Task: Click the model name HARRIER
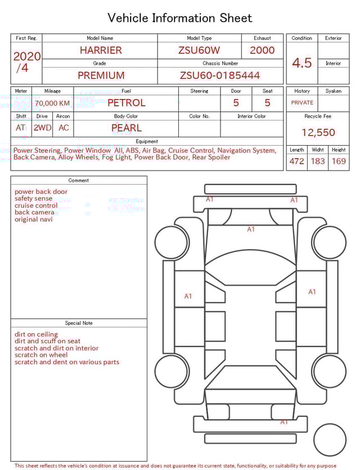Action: coord(100,50)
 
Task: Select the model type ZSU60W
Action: coord(199,50)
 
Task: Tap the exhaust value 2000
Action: coord(262,50)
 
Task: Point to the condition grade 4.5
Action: coord(301,63)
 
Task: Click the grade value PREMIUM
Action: coord(101,75)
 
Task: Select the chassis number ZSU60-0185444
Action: coord(220,75)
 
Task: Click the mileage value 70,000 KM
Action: coord(52,103)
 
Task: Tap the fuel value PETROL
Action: coord(126,102)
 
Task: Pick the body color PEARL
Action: coord(126,128)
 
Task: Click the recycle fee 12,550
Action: coord(318,133)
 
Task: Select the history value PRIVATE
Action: coord(302,103)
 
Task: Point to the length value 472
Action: coord(296,162)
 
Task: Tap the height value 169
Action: coord(339,162)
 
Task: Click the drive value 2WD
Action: coord(42,128)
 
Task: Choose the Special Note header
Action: coord(79,323)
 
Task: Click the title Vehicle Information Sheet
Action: coord(180,18)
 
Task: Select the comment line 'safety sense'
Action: coord(34,199)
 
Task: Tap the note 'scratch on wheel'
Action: coord(41,355)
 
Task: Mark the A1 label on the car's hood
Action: coord(251,229)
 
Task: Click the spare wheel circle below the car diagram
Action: coord(330,439)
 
